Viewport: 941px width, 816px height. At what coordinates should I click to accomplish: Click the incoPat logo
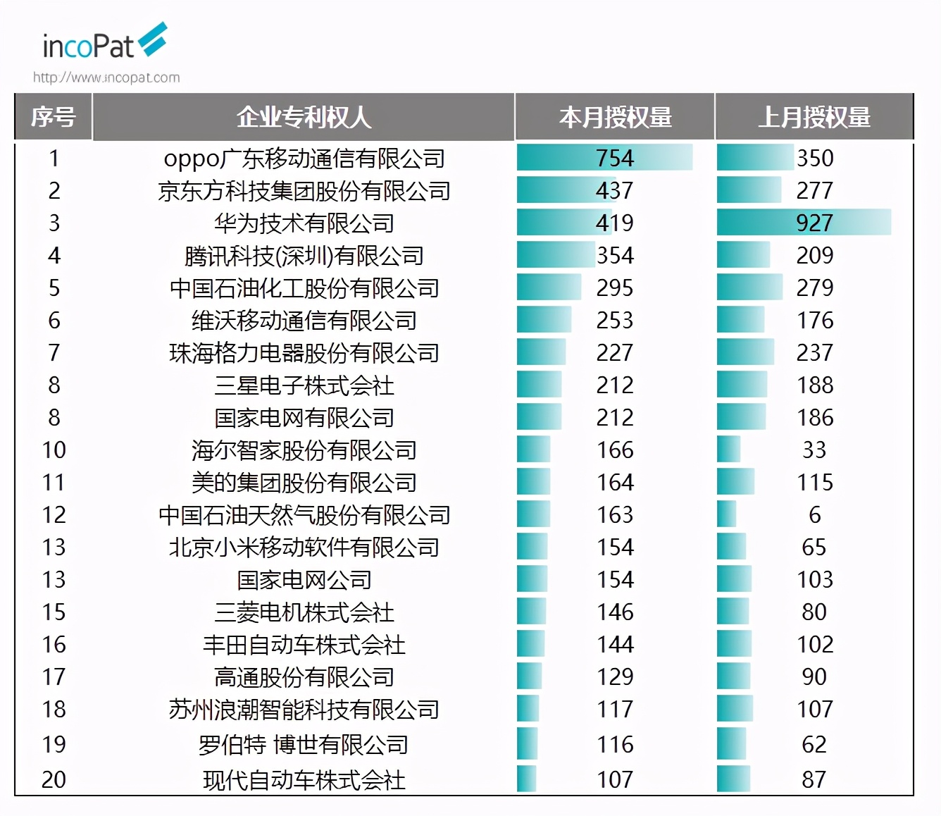point(104,42)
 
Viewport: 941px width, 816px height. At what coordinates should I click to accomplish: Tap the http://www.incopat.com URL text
point(106,78)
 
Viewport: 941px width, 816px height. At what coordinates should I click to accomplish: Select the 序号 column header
point(54,117)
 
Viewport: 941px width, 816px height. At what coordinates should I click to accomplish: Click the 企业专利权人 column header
point(304,117)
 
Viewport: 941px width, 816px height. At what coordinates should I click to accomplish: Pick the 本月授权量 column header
point(615,117)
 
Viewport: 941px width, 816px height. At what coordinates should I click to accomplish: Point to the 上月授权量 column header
point(814,117)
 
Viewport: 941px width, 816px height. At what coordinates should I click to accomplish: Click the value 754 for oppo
point(615,158)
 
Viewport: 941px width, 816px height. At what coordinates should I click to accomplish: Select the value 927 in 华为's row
point(814,223)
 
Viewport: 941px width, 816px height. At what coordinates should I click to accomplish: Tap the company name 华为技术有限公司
point(304,223)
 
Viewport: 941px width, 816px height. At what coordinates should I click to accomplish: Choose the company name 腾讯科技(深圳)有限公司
point(304,256)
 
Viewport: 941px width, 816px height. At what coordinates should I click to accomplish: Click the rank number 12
point(54,514)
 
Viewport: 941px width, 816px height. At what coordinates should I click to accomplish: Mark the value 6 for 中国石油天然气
point(814,514)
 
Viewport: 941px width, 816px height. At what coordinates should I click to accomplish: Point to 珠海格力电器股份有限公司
point(304,353)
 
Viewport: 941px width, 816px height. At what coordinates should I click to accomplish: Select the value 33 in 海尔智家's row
point(814,450)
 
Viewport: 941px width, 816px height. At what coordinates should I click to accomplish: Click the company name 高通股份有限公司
point(304,677)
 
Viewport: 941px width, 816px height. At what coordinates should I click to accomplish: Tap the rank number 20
point(54,779)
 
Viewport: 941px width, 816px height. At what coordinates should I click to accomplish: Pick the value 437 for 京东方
point(615,190)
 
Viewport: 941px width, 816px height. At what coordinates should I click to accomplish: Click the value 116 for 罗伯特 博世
point(615,744)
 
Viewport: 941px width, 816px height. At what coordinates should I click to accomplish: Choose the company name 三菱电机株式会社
point(304,612)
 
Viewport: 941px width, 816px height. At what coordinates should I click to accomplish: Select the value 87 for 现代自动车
point(814,779)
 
